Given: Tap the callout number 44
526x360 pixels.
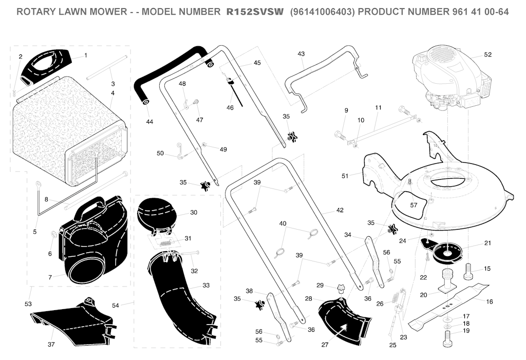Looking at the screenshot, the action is point(149,122).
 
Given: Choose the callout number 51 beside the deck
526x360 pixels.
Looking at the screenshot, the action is point(345,176).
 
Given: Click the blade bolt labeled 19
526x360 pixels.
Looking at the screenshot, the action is point(447,338).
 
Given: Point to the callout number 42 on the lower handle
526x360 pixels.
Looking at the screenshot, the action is point(340,210).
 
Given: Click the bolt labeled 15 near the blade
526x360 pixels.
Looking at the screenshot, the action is point(469,272).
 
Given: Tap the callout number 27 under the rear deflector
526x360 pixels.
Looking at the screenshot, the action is point(325,345).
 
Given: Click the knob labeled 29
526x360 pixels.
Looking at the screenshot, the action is point(341,289).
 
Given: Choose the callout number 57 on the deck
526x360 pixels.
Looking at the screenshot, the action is point(414,205).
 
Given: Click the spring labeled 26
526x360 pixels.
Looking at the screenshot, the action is point(397,297).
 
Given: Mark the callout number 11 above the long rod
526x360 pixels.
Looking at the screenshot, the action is point(378,108).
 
